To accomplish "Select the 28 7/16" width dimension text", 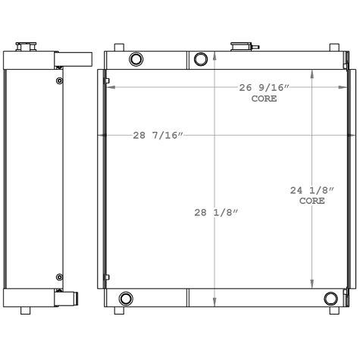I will coord(158,136).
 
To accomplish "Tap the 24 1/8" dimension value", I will coord(308,190).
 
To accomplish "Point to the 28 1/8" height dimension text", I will coord(216,213).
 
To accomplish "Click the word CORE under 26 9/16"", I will coord(264,99).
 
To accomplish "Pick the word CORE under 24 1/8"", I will coord(311,201).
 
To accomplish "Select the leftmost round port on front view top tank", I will coord(136,59).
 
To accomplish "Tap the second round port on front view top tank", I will coord(202,59).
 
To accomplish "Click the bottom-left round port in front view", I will coord(125,298).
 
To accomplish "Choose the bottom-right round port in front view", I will coord(330,298).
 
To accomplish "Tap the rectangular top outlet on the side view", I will coord(74,58).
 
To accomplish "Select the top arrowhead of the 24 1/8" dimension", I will coord(312,74).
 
